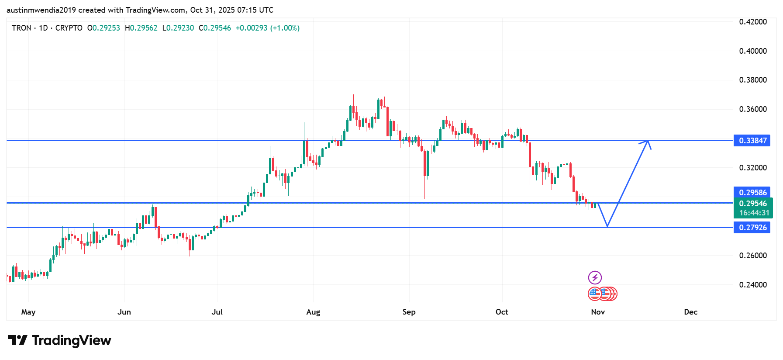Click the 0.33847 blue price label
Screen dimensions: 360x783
click(752, 141)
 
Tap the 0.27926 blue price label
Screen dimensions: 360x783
click(752, 228)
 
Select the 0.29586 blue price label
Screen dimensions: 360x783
click(752, 193)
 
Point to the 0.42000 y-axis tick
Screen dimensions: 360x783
click(753, 22)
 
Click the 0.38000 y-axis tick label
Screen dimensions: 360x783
click(753, 80)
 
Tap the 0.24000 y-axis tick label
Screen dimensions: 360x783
click(753, 285)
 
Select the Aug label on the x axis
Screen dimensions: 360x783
click(313, 312)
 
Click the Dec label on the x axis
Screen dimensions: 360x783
click(690, 312)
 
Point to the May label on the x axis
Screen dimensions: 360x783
click(28, 312)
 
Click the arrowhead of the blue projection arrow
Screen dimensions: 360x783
click(648, 142)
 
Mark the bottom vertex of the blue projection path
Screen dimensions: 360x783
click(607, 226)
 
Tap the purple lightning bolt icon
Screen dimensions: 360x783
click(595, 277)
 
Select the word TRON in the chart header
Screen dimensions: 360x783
click(21, 28)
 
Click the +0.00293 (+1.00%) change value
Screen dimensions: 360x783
click(267, 28)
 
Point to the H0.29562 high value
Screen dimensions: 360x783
click(141, 28)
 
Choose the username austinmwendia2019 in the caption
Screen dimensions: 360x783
click(41, 10)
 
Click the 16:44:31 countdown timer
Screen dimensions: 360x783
click(754, 213)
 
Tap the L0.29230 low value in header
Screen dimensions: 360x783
click(178, 28)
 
